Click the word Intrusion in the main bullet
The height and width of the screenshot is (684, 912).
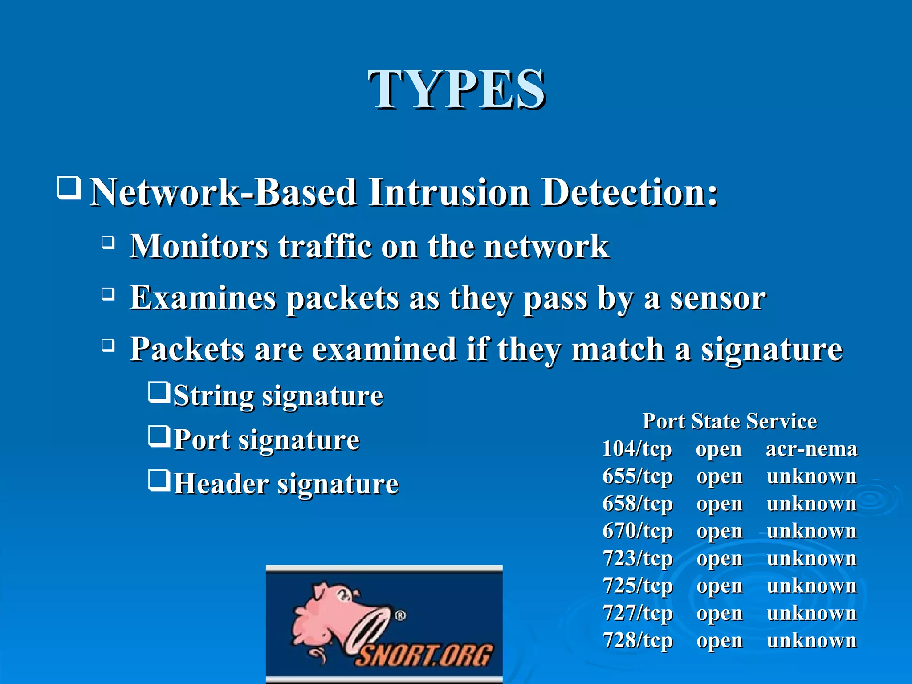449,192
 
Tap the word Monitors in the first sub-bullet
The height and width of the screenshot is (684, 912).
199,246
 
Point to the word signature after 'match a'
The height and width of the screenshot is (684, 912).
772,350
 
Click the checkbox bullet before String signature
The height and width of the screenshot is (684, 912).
159,392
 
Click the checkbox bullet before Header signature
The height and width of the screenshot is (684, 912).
159,480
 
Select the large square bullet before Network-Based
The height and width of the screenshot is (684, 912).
69,188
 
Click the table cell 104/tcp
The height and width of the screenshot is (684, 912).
637,449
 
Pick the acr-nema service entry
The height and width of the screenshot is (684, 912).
811,449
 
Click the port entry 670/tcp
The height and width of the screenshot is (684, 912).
637,531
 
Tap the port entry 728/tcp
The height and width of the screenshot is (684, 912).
637,640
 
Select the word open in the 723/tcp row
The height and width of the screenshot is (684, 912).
719,558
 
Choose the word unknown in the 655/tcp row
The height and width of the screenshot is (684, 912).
811,476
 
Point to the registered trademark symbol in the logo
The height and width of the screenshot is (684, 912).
400,615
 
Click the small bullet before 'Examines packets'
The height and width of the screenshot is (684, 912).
108,294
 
